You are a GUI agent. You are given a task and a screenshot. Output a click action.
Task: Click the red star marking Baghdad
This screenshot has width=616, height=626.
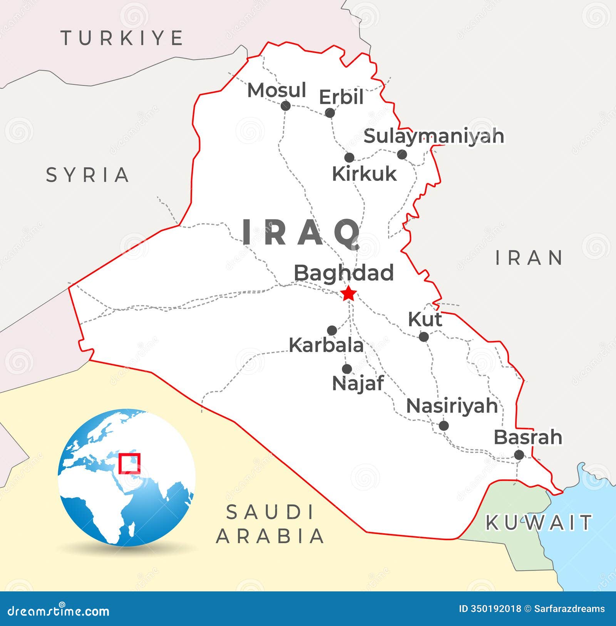[x=349, y=294]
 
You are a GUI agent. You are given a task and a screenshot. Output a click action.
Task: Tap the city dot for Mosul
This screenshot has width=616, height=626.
[x=285, y=105]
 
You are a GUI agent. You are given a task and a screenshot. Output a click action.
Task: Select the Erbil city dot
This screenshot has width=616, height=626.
[x=330, y=113]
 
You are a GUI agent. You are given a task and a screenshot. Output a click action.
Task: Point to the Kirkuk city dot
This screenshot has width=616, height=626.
[x=349, y=157]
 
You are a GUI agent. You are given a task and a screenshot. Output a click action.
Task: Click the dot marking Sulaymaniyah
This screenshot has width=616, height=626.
[x=402, y=155]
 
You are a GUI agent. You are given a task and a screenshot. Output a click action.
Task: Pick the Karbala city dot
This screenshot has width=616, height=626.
[x=332, y=331]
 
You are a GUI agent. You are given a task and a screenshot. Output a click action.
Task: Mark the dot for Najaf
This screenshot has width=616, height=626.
[x=347, y=369]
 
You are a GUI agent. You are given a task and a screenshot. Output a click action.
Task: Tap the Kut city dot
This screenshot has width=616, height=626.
[x=423, y=337]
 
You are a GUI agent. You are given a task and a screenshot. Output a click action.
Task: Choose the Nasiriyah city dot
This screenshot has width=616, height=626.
[x=444, y=426]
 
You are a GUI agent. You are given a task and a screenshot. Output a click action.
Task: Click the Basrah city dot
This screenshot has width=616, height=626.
[x=519, y=455]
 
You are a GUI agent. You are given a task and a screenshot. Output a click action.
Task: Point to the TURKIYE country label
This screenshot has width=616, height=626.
[x=122, y=38]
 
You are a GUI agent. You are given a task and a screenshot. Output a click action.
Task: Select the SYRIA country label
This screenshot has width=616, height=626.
[x=87, y=175]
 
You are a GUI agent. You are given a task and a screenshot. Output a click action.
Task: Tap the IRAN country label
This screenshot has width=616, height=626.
[x=529, y=257]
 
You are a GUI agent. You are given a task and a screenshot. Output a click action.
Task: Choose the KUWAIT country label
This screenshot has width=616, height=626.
[x=539, y=523]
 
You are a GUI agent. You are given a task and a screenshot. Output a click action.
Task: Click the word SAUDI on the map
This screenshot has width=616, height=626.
[x=270, y=512]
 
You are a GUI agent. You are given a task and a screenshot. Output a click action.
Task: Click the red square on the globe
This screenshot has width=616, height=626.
[x=129, y=463]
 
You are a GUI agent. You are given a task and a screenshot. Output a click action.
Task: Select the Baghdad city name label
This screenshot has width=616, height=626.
[x=344, y=273]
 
